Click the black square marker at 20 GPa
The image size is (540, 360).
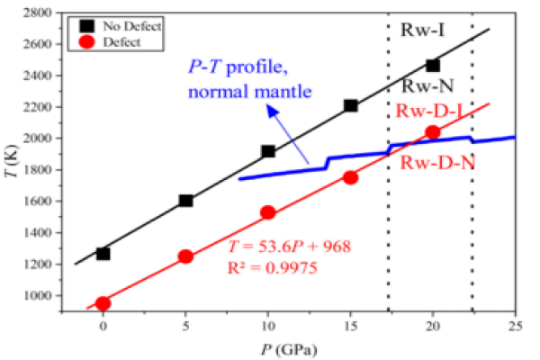tap(433, 65)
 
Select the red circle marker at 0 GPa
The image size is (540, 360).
tap(103, 303)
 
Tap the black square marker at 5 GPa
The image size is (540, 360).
tap(185, 200)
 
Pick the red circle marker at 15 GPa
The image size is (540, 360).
tap(350, 177)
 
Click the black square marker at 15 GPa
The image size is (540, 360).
tap(350, 105)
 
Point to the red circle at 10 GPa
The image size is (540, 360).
tap(267, 212)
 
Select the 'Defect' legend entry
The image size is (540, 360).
tap(127, 41)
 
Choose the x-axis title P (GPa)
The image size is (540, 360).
tap(287, 346)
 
